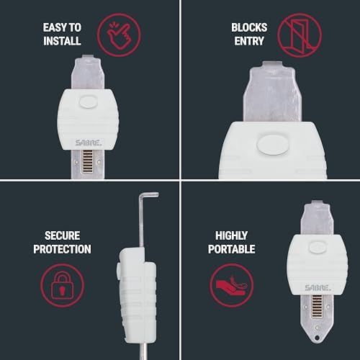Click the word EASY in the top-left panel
[x=55, y=27]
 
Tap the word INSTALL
[x=62, y=41]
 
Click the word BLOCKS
[x=249, y=27]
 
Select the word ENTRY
[x=249, y=41]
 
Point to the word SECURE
[x=62, y=235]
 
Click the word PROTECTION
[x=62, y=249]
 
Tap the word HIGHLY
[x=231, y=235]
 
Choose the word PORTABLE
[x=231, y=249]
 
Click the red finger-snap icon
[x=119, y=35]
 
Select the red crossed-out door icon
[x=300, y=35]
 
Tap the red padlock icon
[x=63, y=285]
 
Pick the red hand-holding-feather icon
[x=231, y=285]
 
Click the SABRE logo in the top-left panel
[x=88, y=143]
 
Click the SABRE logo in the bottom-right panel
[x=318, y=287]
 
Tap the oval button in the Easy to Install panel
[x=88, y=102]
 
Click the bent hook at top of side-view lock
[x=148, y=195]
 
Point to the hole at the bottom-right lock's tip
[x=317, y=338]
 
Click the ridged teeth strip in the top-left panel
[x=87, y=161]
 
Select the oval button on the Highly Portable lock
[x=318, y=248]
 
